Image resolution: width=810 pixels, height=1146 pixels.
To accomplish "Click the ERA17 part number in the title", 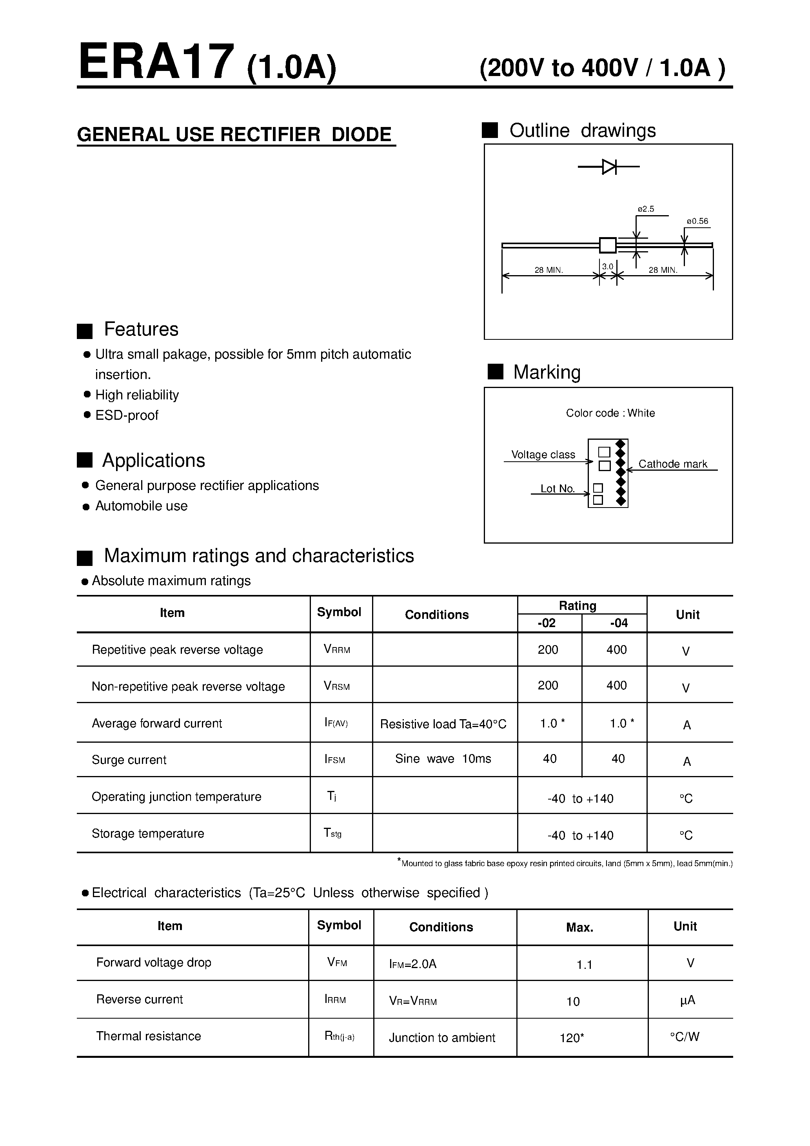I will click(156, 62).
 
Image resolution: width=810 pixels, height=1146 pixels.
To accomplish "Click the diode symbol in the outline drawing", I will click(609, 167).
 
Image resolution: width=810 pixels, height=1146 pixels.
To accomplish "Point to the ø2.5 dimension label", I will click(646, 209).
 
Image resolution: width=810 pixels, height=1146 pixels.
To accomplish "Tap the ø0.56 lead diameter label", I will click(697, 221).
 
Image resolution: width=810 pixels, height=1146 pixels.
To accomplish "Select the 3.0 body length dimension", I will click(607, 267).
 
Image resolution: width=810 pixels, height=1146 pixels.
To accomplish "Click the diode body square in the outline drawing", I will click(608, 245).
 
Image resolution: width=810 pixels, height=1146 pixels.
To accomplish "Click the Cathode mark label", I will click(673, 464).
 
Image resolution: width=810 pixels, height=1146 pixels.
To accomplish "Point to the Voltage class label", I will click(543, 455).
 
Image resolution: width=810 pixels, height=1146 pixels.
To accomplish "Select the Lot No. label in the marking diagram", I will click(557, 489).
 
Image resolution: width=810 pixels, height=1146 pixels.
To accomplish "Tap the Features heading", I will click(141, 330).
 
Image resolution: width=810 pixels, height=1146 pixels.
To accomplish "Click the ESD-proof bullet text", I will click(127, 415).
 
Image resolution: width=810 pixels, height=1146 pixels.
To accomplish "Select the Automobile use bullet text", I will click(141, 506).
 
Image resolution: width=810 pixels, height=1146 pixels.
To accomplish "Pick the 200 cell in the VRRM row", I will click(548, 649).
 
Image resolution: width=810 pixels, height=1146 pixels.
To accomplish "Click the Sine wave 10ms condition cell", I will click(443, 759).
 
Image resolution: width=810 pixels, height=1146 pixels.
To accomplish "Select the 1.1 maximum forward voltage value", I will click(584, 965).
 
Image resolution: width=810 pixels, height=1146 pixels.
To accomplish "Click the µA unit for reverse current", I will click(688, 1000).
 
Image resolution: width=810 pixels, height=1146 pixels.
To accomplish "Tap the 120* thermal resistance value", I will click(572, 1038).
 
